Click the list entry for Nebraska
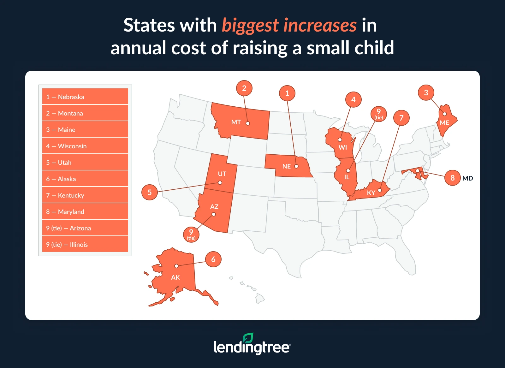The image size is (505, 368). (x=85, y=97)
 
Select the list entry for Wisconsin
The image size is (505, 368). (x=85, y=146)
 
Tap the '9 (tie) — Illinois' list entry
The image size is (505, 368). (x=85, y=244)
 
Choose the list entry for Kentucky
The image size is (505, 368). (x=85, y=195)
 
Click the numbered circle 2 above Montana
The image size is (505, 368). (x=244, y=88)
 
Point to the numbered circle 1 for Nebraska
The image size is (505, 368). (x=287, y=93)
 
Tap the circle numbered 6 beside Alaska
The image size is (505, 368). (x=213, y=259)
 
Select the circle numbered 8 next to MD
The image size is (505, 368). (x=452, y=178)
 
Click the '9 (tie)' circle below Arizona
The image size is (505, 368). (x=191, y=234)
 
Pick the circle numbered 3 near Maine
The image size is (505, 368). (x=426, y=93)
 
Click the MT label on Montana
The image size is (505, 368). (x=236, y=122)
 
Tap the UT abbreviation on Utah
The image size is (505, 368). (x=222, y=174)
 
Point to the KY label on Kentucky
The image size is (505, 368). (x=371, y=193)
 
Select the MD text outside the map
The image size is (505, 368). (x=467, y=178)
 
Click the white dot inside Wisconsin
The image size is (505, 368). (x=340, y=140)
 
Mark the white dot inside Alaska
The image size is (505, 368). (x=176, y=266)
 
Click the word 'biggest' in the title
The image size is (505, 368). (x=250, y=25)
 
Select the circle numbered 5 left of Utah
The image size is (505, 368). (x=149, y=192)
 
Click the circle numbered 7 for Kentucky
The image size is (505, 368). (x=401, y=118)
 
